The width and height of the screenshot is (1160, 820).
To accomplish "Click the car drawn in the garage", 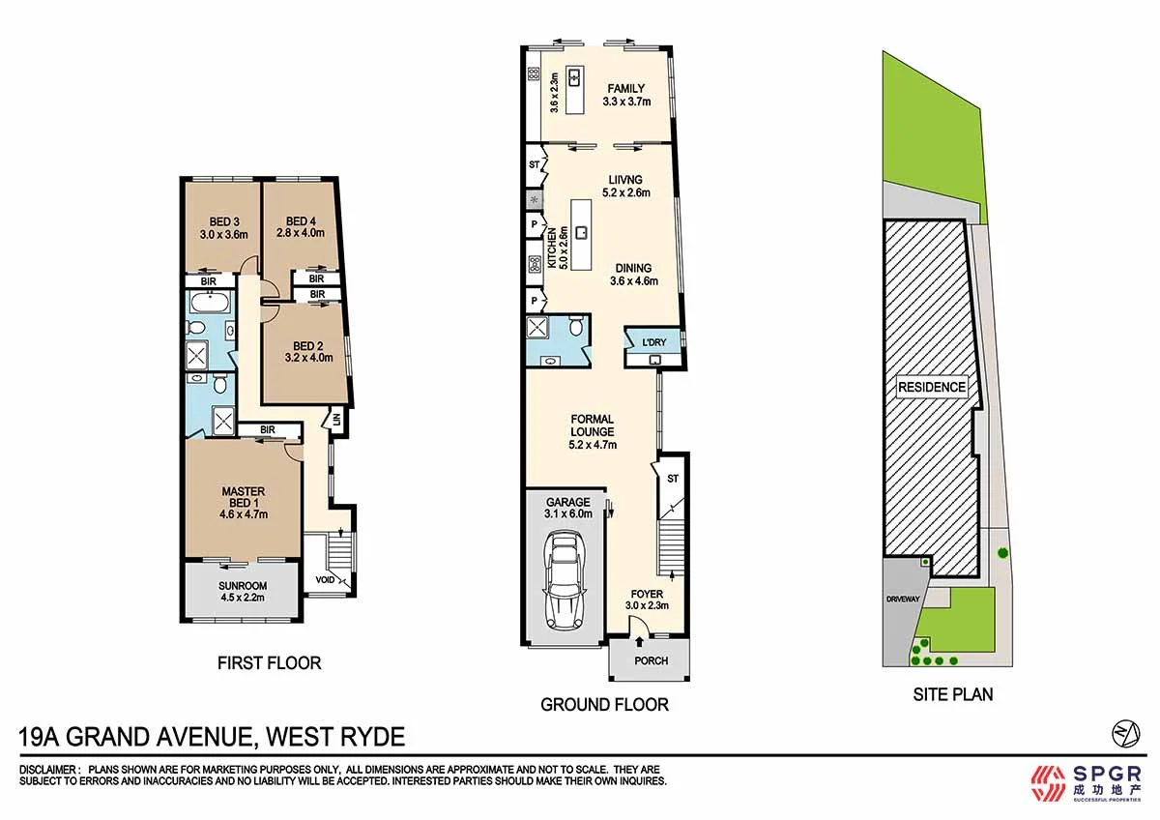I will [565, 582].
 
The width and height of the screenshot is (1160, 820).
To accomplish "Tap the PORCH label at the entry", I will [652, 662].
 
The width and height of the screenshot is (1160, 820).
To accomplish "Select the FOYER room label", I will [648, 595].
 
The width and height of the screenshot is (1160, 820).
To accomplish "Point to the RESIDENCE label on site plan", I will [932, 387].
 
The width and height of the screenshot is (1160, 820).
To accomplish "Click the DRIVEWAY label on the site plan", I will [905, 600].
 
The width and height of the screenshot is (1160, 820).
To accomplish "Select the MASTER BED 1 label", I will [244, 497].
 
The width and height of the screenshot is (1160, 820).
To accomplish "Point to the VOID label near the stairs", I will [324, 581].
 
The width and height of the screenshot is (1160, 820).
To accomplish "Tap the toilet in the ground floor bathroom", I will [576, 329].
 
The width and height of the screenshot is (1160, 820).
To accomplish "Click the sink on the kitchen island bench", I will [582, 232].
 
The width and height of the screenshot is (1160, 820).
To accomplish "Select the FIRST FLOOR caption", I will [269, 663].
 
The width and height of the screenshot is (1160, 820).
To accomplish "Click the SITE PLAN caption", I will [953, 694].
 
